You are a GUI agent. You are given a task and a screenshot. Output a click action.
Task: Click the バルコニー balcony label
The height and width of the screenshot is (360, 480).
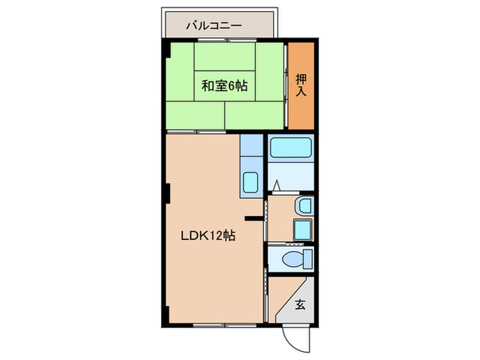(214, 27)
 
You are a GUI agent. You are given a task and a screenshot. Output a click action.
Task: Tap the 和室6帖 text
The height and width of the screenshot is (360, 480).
(224, 87)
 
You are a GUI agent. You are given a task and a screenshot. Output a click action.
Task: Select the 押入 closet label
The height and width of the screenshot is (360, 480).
(300, 85)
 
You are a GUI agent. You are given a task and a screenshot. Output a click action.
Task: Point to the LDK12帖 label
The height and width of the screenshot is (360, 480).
(208, 236)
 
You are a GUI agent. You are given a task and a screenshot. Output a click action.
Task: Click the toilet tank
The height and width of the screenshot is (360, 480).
(307, 260)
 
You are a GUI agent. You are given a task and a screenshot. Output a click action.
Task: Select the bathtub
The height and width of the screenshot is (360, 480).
(290, 148)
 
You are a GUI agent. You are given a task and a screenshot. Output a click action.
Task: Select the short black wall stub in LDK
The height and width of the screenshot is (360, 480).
(255, 219)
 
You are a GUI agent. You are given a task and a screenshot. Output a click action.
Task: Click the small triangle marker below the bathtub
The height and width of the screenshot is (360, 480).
(275, 185)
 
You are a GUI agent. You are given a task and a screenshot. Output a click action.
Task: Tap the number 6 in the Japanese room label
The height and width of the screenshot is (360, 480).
(233, 87)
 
